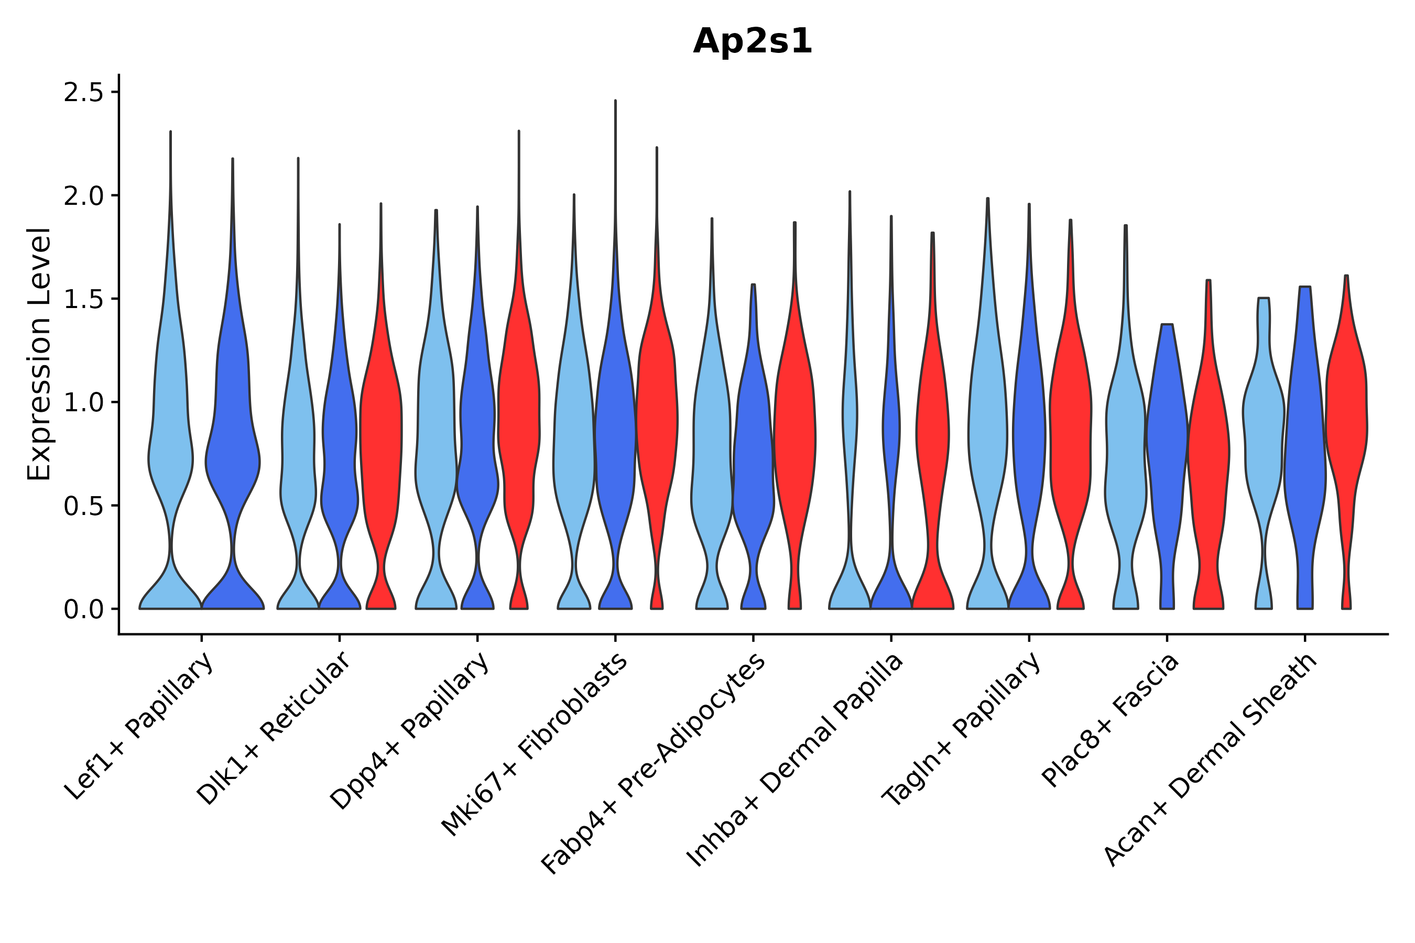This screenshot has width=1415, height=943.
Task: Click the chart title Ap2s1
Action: [752, 42]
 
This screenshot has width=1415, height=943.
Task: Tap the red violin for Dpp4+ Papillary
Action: [519, 421]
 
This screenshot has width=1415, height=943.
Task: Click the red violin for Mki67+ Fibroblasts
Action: [657, 421]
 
